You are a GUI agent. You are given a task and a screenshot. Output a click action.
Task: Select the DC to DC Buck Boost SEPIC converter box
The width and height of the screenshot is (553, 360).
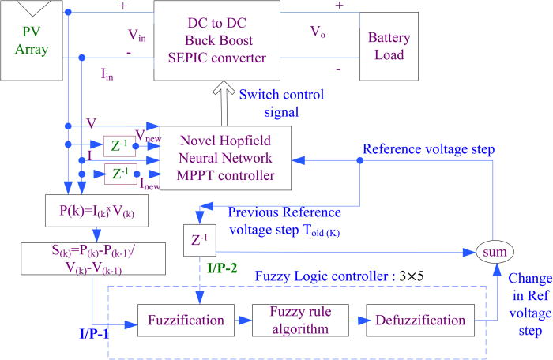click(216, 39)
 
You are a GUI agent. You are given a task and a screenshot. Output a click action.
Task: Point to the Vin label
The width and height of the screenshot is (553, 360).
click(141, 36)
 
